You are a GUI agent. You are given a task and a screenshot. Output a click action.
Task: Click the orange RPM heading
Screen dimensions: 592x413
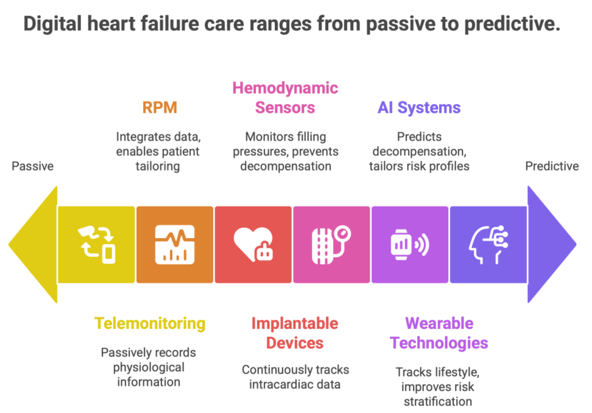click(160, 108)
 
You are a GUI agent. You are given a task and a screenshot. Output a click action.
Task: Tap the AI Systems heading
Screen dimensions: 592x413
click(419, 108)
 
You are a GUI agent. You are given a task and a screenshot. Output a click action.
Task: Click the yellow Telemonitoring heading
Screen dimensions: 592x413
click(150, 324)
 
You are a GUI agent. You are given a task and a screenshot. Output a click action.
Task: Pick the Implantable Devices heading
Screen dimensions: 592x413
click(295, 333)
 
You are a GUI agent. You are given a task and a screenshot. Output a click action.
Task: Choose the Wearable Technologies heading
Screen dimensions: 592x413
click(439, 333)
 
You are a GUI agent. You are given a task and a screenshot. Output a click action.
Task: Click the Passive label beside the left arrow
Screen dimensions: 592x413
click(33, 166)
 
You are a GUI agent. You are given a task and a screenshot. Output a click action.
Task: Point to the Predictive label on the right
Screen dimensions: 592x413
click(552, 166)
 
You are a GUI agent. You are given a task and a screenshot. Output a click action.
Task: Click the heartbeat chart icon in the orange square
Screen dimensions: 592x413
click(175, 245)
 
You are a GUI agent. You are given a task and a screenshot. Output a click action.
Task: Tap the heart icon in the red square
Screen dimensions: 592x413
click(253, 245)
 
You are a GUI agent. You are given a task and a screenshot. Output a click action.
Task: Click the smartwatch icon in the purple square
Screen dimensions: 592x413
click(410, 245)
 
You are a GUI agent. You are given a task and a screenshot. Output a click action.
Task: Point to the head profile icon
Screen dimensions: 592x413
click(488, 245)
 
